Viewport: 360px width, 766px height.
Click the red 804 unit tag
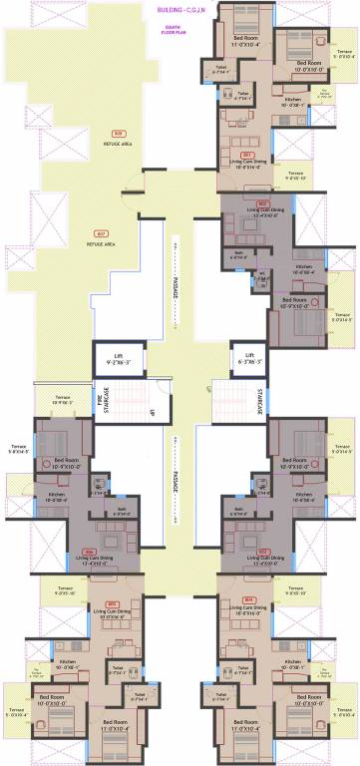pyautogui.click(x=248, y=599)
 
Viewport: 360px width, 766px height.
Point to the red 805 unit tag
pyautogui.click(x=113, y=602)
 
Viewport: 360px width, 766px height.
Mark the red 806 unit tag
pyautogui.click(x=89, y=551)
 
